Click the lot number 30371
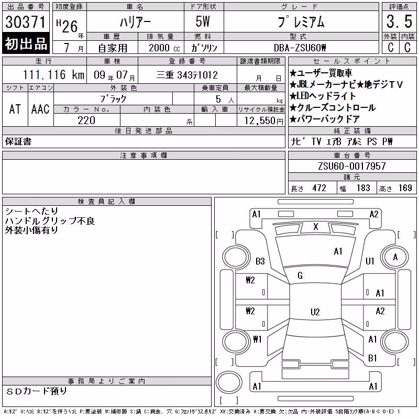[x=25, y=22]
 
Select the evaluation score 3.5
[x=399, y=21]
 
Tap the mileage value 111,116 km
[x=53, y=74]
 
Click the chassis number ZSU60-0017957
[x=352, y=166]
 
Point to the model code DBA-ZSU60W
[x=300, y=48]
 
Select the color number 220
[x=86, y=120]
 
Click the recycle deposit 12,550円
[x=264, y=121]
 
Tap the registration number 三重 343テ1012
[x=187, y=75]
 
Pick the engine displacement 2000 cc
[x=164, y=48]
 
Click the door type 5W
[x=203, y=21]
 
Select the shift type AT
[x=15, y=109]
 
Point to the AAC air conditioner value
[x=40, y=109]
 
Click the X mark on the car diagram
[x=316, y=227]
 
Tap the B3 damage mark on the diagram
[x=260, y=261]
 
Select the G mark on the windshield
[x=300, y=275]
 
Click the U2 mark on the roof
[x=315, y=312]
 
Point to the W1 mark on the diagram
[x=257, y=339]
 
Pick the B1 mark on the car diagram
[x=372, y=358]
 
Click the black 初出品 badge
[x=26, y=43]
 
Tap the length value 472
[x=319, y=188]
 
